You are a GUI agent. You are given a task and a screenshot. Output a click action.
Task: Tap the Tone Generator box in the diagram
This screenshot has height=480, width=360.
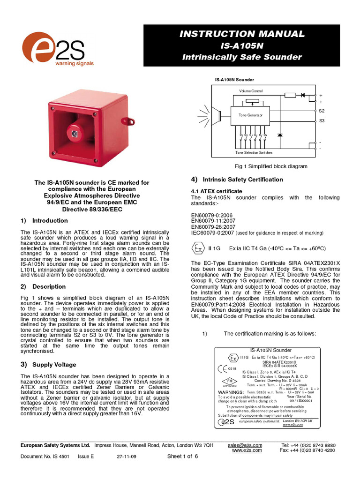point(251,115)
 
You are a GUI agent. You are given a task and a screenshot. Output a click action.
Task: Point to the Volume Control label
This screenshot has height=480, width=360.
point(251,91)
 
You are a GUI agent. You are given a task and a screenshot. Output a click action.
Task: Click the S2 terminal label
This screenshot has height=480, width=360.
point(322,111)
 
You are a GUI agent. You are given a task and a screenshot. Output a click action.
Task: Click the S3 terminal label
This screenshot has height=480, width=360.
point(322,121)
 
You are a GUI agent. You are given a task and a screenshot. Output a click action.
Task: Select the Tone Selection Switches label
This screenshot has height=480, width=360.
point(254,153)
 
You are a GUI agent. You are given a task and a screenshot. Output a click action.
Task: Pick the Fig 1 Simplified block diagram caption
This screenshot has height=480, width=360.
point(271,166)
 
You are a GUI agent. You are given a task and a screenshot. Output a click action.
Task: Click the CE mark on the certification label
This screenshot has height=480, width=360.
point(224,369)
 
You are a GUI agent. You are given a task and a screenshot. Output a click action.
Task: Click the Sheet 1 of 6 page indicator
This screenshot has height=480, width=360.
point(183,457)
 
